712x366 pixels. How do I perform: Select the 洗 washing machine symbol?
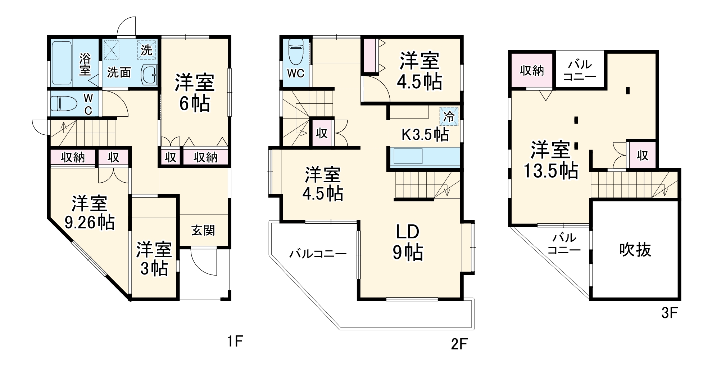coord(146,50)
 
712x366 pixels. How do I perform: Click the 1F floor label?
coord(235,340)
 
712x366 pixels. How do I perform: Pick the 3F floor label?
coord(670,313)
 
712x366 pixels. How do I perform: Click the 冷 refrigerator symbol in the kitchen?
coord(449,116)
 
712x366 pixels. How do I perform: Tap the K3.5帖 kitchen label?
coord(425,135)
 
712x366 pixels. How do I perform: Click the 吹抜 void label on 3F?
coord(635,250)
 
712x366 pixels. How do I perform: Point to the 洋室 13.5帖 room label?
coord(551,160)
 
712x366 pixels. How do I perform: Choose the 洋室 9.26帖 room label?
coord(90,213)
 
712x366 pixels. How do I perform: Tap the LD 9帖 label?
coord(408,242)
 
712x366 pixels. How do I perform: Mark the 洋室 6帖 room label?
coord(195,93)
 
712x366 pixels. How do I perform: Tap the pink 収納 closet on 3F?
coord(532,71)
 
